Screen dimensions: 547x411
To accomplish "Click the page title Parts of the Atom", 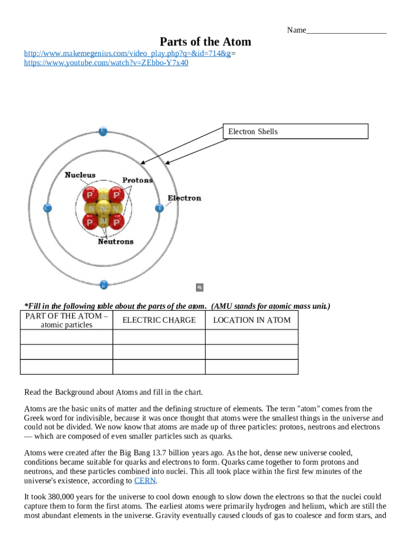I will pyautogui.click(x=205, y=42).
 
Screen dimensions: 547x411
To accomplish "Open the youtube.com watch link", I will pyautogui.click(x=106, y=62).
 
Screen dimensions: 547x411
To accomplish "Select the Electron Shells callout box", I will pyautogui.click(x=295, y=131).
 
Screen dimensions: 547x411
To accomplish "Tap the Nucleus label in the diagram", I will pyautogui.click(x=80, y=175).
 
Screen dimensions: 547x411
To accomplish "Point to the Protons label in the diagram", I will pyautogui.click(x=137, y=180).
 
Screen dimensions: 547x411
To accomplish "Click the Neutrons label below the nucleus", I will pyautogui.click(x=115, y=241).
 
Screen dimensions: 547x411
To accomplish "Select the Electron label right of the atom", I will pyautogui.click(x=184, y=198).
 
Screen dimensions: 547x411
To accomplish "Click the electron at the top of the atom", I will pyautogui.click(x=102, y=130).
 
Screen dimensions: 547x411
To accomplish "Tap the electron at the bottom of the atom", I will pyautogui.click(x=104, y=284).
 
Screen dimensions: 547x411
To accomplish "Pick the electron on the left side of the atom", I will pyautogui.click(x=47, y=208).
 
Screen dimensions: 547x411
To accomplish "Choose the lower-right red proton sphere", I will pyautogui.click(x=117, y=221).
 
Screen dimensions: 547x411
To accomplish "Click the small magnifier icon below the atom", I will pyautogui.click(x=200, y=287).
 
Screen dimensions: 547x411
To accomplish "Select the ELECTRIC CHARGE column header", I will pyautogui.click(x=159, y=320).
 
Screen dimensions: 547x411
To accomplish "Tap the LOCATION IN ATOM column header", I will pyautogui.click(x=251, y=320).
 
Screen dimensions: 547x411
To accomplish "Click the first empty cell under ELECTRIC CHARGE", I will pyautogui.click(x=159, y=337).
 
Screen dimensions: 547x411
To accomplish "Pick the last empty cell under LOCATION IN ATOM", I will pyautogui.click(x=251, y=367).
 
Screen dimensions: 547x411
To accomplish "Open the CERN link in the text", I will pyautogui.click(x=145, y=480).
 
